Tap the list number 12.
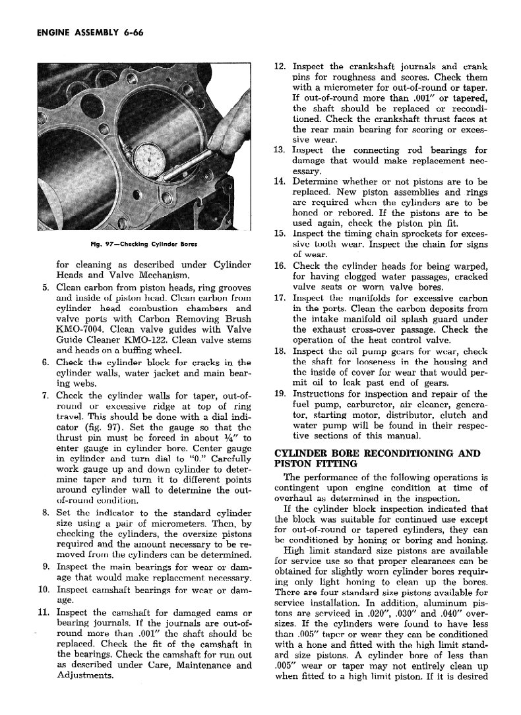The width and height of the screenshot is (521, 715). (280, 67)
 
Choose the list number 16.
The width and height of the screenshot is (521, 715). (280, 266)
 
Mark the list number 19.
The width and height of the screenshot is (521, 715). (280, 393)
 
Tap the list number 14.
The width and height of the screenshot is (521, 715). (280, 182)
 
